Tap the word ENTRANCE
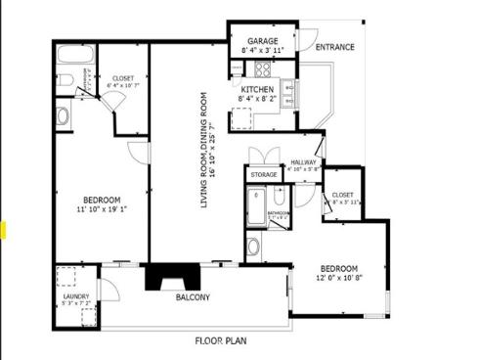coord(333,46)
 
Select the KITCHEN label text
coord(258,88)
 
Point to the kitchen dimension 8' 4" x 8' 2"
coord(258,98)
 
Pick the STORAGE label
coord(264,174)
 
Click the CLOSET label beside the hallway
coord(342,195)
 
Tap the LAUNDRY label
coord(76,296)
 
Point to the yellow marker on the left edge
coord(4,231)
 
